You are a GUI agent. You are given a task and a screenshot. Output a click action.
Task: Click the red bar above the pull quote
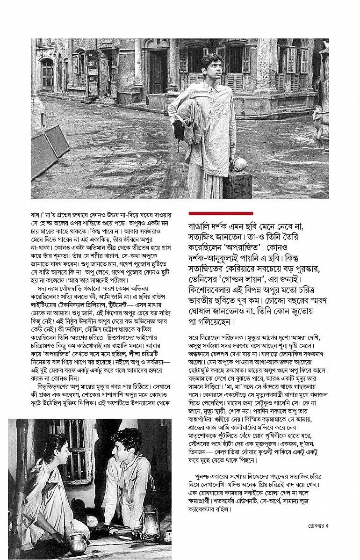click(x=220, y=213)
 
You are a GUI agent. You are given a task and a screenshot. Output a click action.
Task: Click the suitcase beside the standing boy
click(x=237, y=184)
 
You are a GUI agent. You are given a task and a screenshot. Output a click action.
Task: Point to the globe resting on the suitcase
click(x=239, y=164)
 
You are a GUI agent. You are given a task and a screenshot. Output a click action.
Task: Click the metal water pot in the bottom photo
click(x=78, y=543)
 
